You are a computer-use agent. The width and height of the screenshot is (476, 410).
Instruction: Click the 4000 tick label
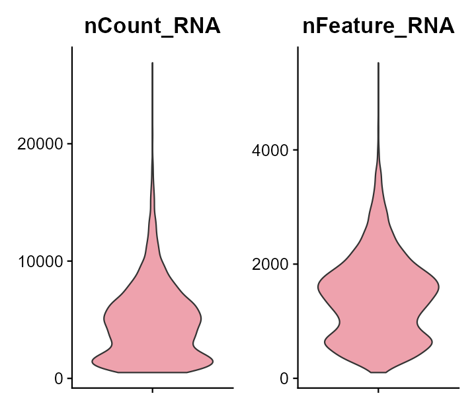[271, 150]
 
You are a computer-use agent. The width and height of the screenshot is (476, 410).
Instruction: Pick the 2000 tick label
[271, 265]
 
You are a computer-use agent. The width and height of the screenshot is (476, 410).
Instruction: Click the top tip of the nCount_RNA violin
[153, 63]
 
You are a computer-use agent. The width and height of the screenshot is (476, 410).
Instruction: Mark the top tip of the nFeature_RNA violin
[378, 63]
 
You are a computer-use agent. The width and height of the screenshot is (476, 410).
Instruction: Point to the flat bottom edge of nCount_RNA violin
[153, 372]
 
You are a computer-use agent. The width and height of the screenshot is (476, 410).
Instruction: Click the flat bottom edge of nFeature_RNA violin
[378, 372]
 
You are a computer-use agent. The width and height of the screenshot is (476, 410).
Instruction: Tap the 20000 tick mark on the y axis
[69, 143]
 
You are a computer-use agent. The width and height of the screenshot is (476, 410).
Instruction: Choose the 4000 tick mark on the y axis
[295, 150]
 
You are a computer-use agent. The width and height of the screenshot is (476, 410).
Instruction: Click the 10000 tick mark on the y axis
[69, 261]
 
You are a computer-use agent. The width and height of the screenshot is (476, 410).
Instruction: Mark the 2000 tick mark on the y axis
[295, 265]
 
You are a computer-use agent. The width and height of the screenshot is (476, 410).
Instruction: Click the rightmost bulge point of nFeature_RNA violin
[439, 287]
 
